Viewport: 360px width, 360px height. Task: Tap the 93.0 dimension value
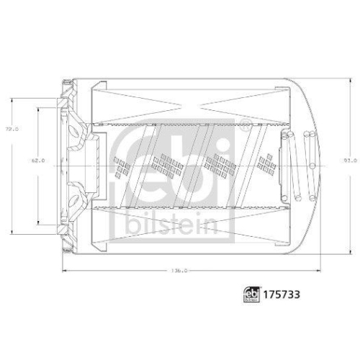click(x=349, y=161)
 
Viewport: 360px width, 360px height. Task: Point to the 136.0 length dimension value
click(x=180, y=271)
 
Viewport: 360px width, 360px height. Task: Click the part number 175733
click(x=280, y=295)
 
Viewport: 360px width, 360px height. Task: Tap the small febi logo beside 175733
click(x=253, y=295)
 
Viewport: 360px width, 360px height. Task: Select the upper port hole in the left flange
click(x=74, y=130)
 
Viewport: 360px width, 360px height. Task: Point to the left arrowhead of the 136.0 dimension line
click(x=63, y=271)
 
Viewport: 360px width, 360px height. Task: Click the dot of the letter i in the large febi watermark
click(x=226, y=132)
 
